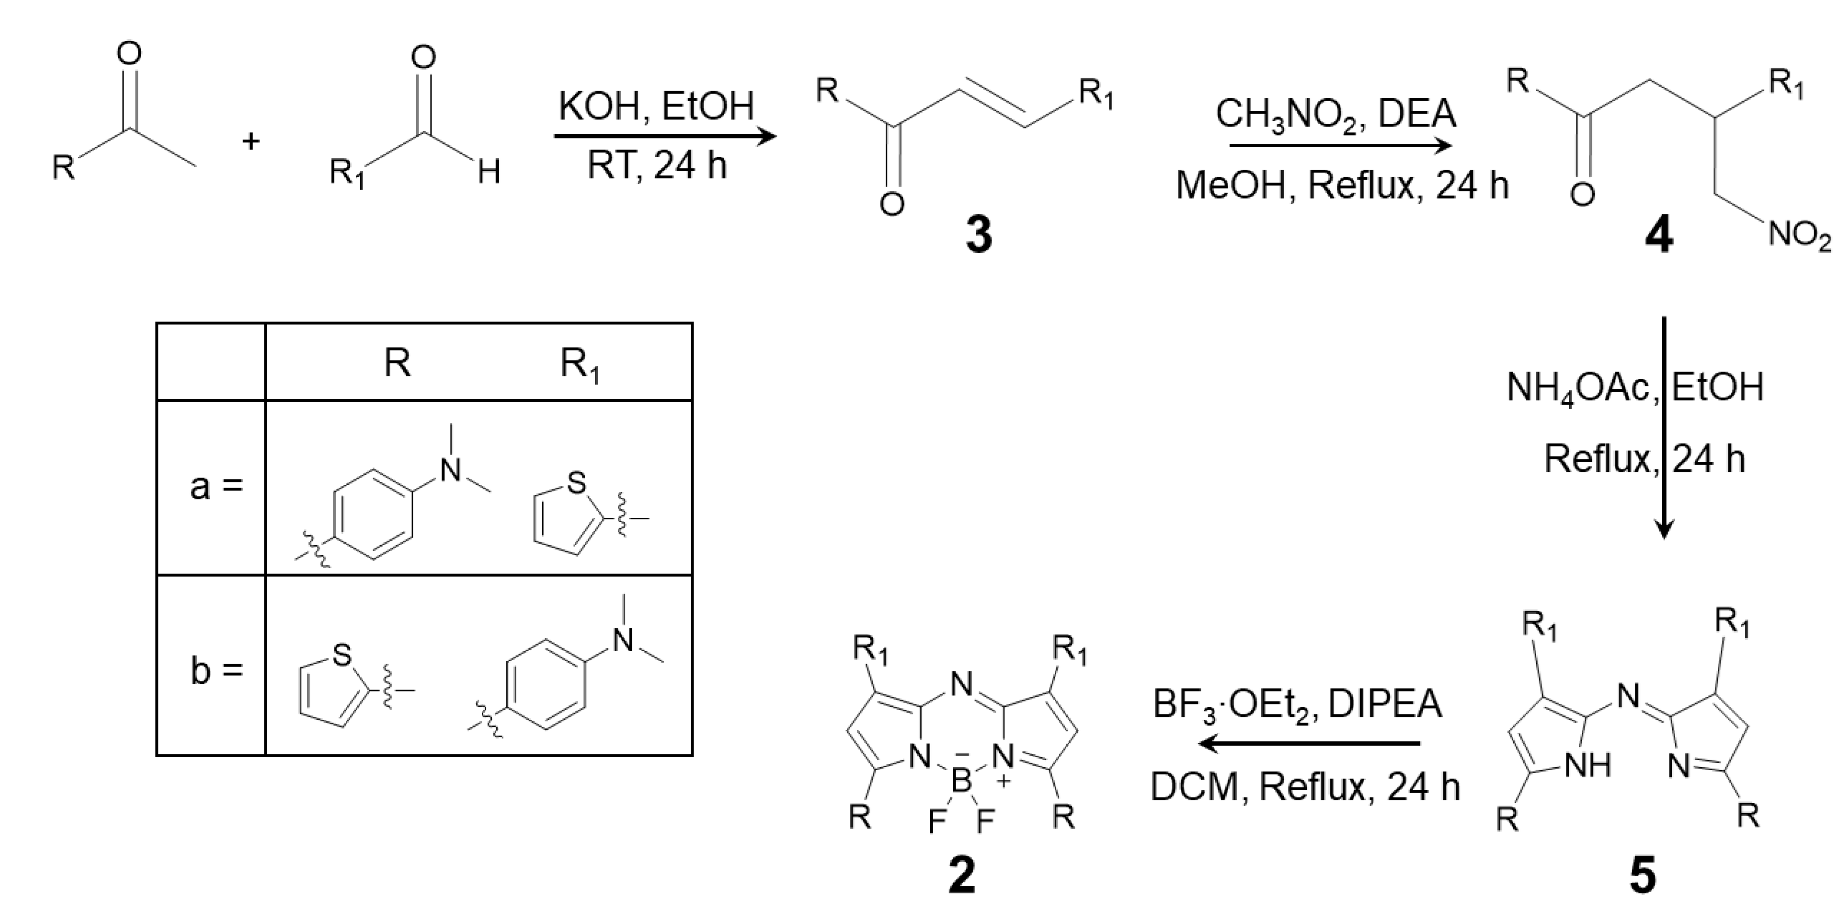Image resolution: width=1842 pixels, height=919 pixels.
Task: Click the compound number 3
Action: (x=978, y=235)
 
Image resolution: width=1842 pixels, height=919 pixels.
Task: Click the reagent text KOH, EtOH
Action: (x=656, y=107)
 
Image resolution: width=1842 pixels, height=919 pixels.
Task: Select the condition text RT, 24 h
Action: (x=656, y=165)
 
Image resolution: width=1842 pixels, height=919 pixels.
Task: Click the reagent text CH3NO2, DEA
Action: (x=1336, y=115)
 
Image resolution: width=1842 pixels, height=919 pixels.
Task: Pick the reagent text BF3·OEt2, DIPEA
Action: (x=1297, y=704)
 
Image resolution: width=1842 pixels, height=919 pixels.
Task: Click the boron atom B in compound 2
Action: (x=961, y=781)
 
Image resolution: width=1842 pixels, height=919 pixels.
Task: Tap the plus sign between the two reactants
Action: (x=250, y=141)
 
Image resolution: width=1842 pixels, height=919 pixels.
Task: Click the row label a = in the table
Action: (x=216, y=487)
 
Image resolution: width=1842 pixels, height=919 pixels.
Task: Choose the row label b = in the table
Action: (x=216, y=671)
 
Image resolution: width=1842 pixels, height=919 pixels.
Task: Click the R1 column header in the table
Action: (x=579, y=364)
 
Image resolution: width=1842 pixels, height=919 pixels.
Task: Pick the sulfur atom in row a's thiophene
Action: (x=575, y=484)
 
